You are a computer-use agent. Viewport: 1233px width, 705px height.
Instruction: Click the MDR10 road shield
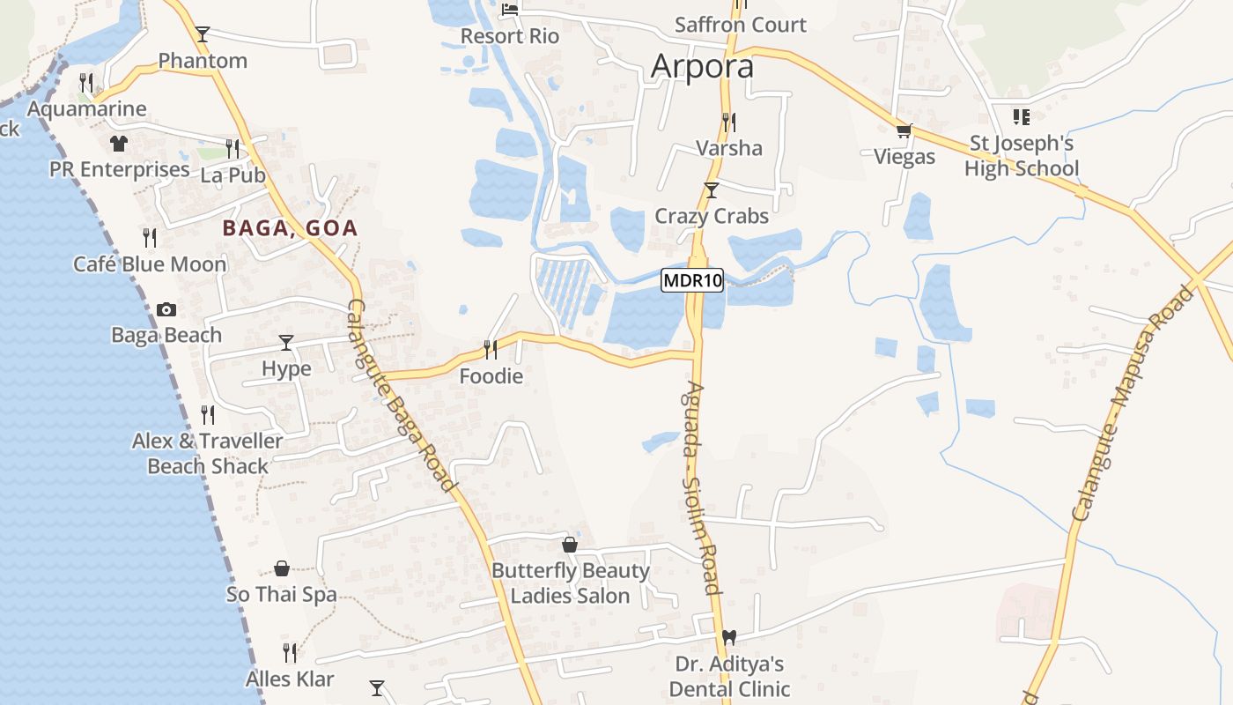[692, 281]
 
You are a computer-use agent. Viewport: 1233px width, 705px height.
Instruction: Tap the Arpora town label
[702, 67]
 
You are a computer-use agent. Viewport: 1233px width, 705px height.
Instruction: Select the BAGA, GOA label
[290, 228]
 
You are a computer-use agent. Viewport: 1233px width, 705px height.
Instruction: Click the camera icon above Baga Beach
[166, 309]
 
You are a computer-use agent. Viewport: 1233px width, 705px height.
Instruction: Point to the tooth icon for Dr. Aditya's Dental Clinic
[728, 637]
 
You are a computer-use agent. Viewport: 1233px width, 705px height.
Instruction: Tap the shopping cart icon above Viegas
[904, 131]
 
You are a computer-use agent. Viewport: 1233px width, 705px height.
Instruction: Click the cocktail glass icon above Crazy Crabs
[712, 189]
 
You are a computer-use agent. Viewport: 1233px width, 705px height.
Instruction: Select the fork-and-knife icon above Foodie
[491, 350]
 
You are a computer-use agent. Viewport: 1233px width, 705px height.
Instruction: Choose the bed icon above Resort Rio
[510, 10]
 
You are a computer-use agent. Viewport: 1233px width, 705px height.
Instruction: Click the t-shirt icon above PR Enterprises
[119, 143]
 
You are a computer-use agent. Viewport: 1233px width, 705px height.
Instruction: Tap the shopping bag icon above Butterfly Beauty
[570, 545]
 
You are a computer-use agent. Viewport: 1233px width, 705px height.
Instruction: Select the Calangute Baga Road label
[402, 395]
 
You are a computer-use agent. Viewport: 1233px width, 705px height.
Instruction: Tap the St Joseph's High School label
[1022, 155]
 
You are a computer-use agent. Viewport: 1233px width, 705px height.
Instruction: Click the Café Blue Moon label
[150, 263]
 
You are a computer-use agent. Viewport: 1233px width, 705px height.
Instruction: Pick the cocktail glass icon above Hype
[286, 342]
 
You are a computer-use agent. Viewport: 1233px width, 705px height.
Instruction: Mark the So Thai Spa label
[282, 594]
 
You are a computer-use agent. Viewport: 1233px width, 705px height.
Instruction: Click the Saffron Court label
[740, 25]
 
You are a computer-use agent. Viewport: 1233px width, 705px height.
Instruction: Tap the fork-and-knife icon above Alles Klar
[290, 653]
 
